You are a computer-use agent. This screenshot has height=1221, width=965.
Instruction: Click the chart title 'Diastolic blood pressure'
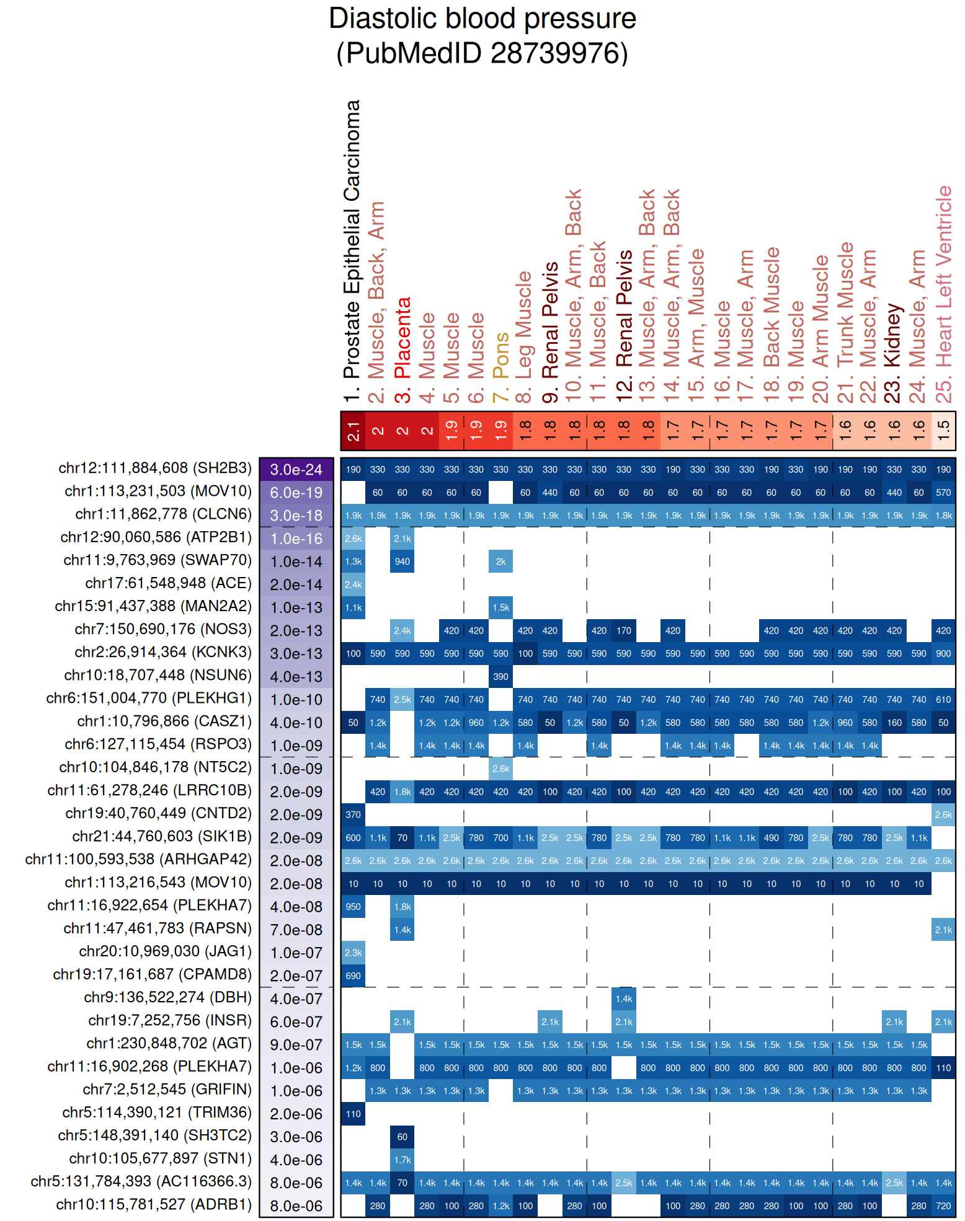pyautogui.click(x=482, y=19)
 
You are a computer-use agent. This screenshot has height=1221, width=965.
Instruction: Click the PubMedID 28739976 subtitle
pyautogui.click(x=482, y=53)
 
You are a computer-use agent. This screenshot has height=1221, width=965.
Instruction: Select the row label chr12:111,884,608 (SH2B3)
pyautogui.click(x=155, y=468)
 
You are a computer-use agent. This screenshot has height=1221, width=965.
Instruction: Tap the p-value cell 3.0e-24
pyautogui.click(x=296, y=470)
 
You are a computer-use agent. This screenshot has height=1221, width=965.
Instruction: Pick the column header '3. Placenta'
pyautogui.click(x=402, y=350)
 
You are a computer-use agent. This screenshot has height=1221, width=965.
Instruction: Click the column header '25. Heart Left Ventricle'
pyautogui.click(x=943, y=294)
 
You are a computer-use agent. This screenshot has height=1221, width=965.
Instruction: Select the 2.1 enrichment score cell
pyautogui.click(x=353, y=430)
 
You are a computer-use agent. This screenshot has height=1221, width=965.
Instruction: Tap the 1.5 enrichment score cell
pyautogui.click(x=943, y=430)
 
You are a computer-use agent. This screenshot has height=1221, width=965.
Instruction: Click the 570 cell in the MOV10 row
pyautogui.click(x=943, y=493)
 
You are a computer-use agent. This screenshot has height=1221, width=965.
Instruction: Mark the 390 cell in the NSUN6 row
pyautogui.click(x=500, y=677)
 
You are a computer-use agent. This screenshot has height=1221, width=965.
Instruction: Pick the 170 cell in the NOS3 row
pyautogui.click(x=624, y=631)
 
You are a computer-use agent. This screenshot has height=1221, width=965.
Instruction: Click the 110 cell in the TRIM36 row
pyautogui.click(x=353, y=1114)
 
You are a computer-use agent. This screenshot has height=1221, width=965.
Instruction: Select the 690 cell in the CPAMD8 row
pyautogui.click(x=353, y=976)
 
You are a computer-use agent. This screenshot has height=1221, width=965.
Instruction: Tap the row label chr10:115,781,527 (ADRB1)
pyautogui.click(x=154, y=1204)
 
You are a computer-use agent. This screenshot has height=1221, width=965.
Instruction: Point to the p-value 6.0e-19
pyautogui.click(x=296, y=493)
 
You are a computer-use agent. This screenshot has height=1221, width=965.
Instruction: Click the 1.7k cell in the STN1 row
pyautogui.click(x=402, y=1160)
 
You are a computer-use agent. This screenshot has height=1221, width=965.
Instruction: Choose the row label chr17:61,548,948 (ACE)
pyautogui.click(x=168, y=583)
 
